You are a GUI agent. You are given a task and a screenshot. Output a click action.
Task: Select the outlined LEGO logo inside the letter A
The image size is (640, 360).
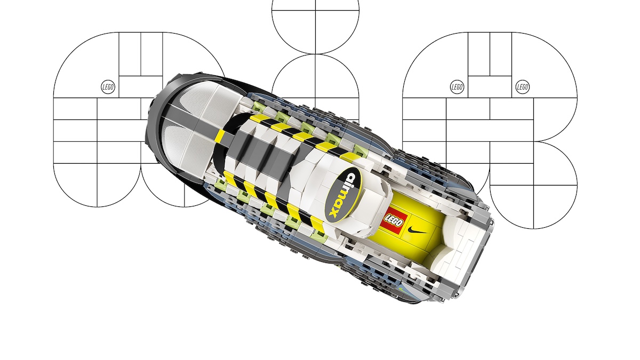(x=108, y=87)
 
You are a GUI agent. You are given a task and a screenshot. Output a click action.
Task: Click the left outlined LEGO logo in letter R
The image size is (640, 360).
(x=457, y=87)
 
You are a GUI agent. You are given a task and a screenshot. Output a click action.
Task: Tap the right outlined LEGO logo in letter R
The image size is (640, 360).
(x=523, y=87)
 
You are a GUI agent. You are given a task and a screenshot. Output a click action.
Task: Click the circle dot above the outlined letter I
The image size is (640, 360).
(x=315, y=27)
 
